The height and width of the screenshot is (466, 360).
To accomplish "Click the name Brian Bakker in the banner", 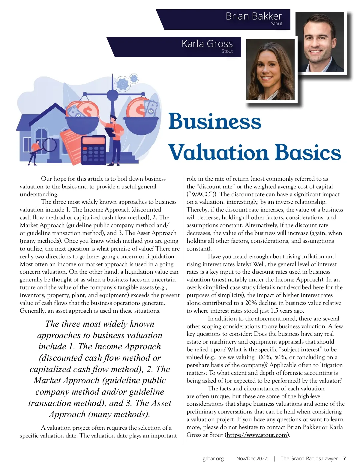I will pyautogui.click(x=254, y=16).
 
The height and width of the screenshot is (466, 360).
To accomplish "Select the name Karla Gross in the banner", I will pyautogui.click(x=207, y=44).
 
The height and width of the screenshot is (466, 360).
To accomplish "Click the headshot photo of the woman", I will pyautogui.click(x=270, y=70).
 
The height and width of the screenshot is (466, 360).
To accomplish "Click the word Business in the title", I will pyautogui.click(x=215, y=121).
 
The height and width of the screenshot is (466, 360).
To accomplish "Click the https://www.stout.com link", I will pyautogui.click(x=257, y=435).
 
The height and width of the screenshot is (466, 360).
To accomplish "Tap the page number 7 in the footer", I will pyautogui.click(x=344, y=458).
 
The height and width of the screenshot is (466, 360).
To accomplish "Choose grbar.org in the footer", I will pyautogui.click(x=213, y=458).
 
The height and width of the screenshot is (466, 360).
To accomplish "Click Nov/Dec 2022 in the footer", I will pyautogui.click(x=251, y=458).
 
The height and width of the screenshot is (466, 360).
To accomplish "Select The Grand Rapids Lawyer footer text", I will pyautogui.click(x=309, y=458).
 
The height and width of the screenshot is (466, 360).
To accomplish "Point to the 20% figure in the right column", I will pyautogui.click(x=251, y=303).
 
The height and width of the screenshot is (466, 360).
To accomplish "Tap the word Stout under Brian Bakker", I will pyautogui.click(x=277, y=24).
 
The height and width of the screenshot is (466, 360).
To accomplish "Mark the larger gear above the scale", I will pyautogui.click(x=123, y=84).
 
